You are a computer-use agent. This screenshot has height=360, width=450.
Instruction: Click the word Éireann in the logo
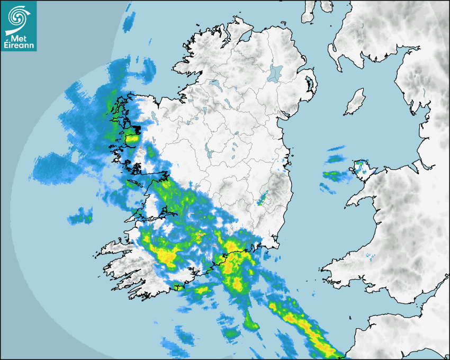pyautogui.click(x=19, y=45)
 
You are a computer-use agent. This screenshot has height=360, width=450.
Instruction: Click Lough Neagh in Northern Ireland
pyautogui.click(x=275, y=73)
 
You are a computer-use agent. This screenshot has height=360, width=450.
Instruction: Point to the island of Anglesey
pyautogui.click(x=362, y=168)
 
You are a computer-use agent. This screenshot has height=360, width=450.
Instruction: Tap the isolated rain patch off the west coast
pyautogui.click(x=80, y=215)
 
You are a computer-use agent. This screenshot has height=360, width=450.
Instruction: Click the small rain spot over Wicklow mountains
pyautogui.click(x=263, y=200)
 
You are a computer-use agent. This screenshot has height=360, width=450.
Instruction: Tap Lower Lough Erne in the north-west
pyautogui.click(x=214, y=84)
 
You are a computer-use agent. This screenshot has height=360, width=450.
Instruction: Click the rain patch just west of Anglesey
pyautogui.click(x=333, y=175)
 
